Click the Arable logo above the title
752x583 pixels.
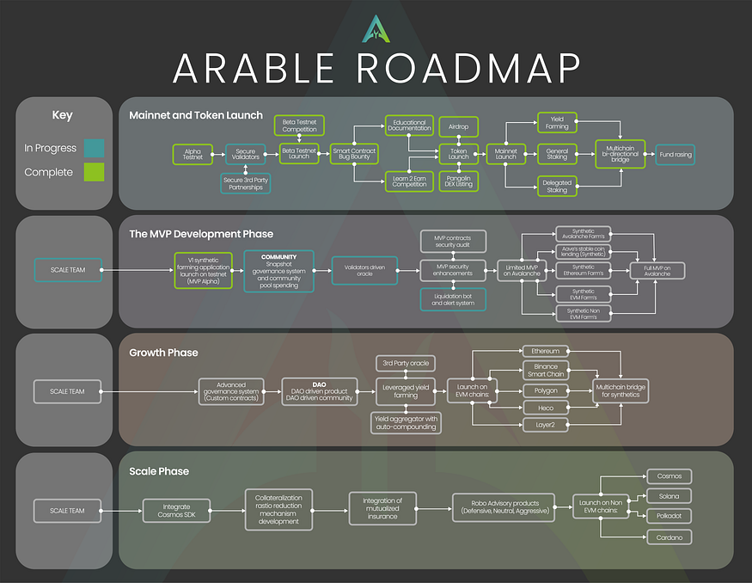(x=376, y=29)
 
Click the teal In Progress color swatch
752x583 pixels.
(x=95, y=148)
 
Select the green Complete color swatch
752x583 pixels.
(x=95, y=172)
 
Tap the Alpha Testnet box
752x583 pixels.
(x=193, y=155)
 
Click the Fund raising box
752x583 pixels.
(x=676, y=155)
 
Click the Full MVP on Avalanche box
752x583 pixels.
(x=657, y=271)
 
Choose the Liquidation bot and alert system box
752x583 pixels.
(x=453, y=299)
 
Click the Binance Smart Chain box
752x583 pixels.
(x=546, y=371)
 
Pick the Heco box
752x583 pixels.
(x=546, y=408)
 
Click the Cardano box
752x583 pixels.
(x=669, y=537)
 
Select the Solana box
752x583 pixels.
(x=669, y=496)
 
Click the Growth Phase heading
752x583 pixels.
(x=163, y=353)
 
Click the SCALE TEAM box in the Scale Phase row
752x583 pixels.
(x=67, y=511)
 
